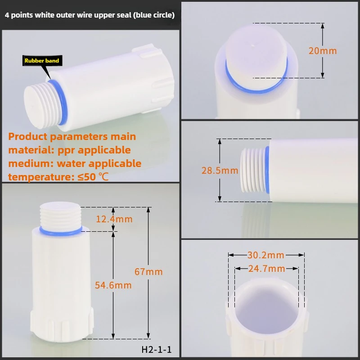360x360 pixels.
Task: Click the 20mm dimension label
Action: coord(322,50)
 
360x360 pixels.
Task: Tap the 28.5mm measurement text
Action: coord(220,171)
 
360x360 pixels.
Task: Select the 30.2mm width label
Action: coord(265,255)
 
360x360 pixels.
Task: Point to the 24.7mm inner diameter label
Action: coord(266,269)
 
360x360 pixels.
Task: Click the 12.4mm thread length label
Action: coord(114,219)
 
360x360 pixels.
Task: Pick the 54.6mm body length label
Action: coord(113,285)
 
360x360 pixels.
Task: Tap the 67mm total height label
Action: coord(148,272)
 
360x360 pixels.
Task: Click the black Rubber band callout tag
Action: coord(41,60)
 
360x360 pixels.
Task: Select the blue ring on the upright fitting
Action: coord(61,230)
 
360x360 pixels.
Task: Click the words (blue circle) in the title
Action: coord(151,15)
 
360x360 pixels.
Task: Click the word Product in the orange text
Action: coord(28,136)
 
